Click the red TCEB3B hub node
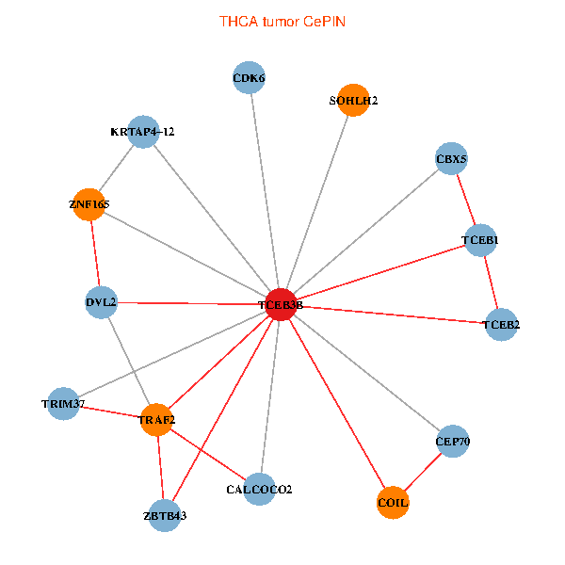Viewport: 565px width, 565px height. click(x=281, y=305)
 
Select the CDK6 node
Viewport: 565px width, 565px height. click(x=249, y=78)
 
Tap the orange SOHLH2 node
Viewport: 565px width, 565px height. click(x=353, y=101)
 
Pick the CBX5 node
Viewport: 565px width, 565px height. click(x=452, y=159)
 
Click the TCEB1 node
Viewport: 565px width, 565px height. click(x=480, y=241)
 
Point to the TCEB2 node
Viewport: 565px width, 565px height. click(x=501, y=325)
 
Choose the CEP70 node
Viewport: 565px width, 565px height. click(x=452, y=441)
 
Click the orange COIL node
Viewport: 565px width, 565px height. click(x=393, y=503)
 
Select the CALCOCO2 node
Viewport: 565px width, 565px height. click(x=259, y=490)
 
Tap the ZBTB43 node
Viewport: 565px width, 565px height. click(x=165, y=515)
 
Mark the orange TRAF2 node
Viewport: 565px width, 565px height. click(x=156, y=419)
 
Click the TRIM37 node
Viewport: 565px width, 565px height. click(x=63, y=404)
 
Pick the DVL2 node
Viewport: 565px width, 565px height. click(x=101, y=302)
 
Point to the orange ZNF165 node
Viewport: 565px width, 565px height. click(x=89, y=203)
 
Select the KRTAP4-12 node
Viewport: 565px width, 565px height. click(x=142, y=132)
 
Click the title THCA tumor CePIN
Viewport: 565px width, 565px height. click(x=282, y=21)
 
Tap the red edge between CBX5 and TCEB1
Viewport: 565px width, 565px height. click(x=466, y=200)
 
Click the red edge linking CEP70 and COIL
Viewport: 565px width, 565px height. click(x=423, y=472)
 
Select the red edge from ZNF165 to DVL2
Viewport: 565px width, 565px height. click(x=94, y=252)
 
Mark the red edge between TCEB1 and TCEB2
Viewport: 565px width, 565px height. click(x=491, y=282)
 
